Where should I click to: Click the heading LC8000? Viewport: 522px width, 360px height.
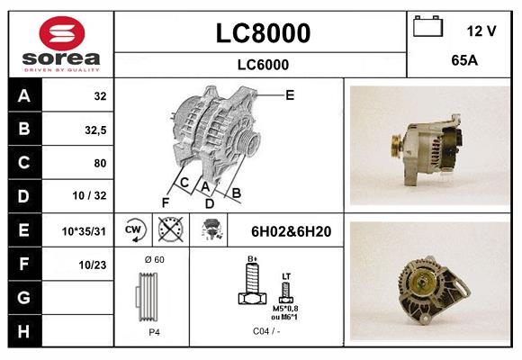tap(263, 33)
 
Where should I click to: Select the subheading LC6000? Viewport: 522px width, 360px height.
tap(263, 65)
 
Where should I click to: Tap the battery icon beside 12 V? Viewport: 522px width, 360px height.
tap(427, 28)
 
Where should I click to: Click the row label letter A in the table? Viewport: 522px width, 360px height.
tap(23, 96)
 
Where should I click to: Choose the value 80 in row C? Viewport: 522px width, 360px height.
tap(99, 163)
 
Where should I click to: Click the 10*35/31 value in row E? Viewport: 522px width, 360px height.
tap(85, 231)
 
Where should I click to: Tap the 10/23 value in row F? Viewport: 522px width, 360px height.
tap(94, 265)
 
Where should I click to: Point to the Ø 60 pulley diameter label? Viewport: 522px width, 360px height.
tap(154, 260)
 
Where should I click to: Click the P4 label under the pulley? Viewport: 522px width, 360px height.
tap(155, 332)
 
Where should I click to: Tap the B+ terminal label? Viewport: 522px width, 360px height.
tap(254, 260)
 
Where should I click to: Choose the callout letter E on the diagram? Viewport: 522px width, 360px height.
tap(290, 94)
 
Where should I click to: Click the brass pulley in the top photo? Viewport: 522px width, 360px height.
tap(393, 144)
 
